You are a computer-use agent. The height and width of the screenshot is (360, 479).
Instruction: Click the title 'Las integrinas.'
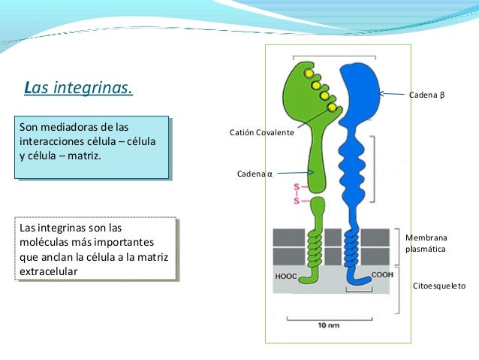[x=79, y=89]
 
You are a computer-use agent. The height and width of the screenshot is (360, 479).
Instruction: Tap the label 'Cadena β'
[x=426, y=96]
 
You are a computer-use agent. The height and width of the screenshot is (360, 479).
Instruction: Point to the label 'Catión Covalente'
[x=261, y=132]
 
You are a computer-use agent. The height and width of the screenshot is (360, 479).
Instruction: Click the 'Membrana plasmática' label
[x=426, y=242]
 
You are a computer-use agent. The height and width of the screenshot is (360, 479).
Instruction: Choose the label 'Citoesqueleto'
[x=439, y=286]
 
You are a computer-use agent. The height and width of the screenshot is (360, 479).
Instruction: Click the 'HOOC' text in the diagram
[x=286, y=276]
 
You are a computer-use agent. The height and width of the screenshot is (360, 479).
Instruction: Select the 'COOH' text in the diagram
[x=381, y=275]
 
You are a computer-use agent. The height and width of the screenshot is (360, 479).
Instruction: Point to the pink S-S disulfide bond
[x=297, y=193]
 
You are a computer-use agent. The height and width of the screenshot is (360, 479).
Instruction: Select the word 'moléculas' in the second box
[x=44, y=242]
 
